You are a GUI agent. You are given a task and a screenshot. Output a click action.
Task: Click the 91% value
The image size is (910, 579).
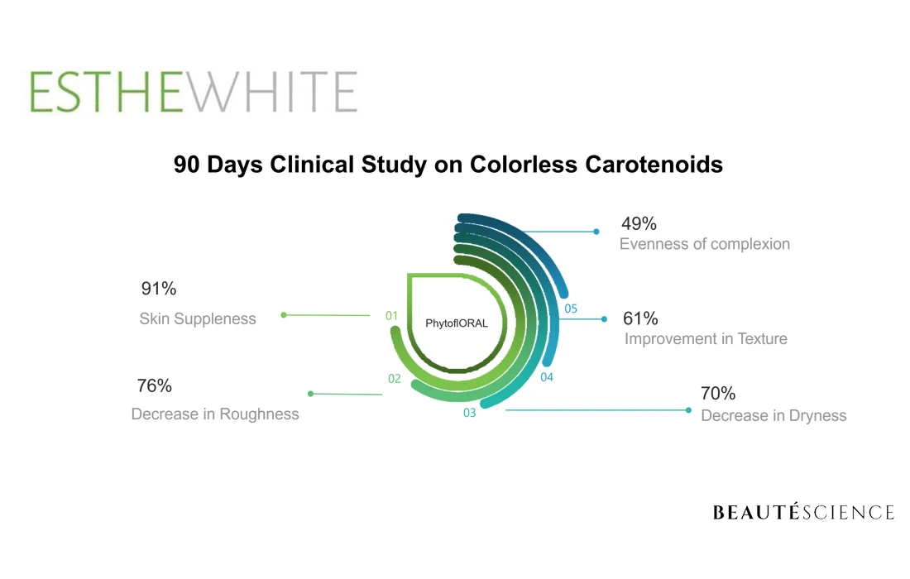click(158, 289)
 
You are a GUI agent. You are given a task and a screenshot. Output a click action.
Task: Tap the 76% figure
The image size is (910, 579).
click(154, 385)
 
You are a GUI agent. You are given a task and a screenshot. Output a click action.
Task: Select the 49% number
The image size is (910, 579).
click(639, 223)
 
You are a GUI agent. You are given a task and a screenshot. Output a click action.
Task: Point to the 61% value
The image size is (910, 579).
click(640, 318)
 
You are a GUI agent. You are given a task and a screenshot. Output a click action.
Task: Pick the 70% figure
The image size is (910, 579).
click(718, 393)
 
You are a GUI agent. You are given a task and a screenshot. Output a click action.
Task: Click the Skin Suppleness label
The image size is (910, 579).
click(198, 318)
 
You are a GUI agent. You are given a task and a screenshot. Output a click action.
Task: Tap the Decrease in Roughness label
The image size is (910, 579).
click(215, 414)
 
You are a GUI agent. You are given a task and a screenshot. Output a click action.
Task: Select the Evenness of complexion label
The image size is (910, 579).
click(705, 244)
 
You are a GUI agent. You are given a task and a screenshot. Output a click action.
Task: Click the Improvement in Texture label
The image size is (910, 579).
click(706, 339)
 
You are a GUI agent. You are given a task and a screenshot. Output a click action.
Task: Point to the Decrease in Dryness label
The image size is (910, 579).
click(773, 415)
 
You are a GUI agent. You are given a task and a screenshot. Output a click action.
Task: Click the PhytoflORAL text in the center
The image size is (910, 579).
click(457, 323)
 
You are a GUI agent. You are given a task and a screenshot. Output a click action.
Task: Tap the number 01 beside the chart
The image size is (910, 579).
click(392, 315)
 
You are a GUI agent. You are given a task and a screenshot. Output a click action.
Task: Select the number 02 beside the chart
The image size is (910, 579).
click(395, 379)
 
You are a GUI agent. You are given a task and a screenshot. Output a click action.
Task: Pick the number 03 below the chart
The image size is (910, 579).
click(469, 413)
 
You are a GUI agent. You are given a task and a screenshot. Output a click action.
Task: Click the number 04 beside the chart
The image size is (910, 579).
click(547, 377)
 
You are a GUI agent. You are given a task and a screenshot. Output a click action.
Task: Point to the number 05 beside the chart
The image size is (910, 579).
click(571, 309)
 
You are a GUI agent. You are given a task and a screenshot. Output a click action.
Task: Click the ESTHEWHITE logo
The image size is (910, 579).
click(194, 92)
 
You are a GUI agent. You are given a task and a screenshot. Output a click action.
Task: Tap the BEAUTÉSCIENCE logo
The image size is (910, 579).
click(803, 513)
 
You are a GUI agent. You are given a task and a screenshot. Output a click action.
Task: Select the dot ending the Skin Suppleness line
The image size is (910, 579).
click(284, 314)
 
